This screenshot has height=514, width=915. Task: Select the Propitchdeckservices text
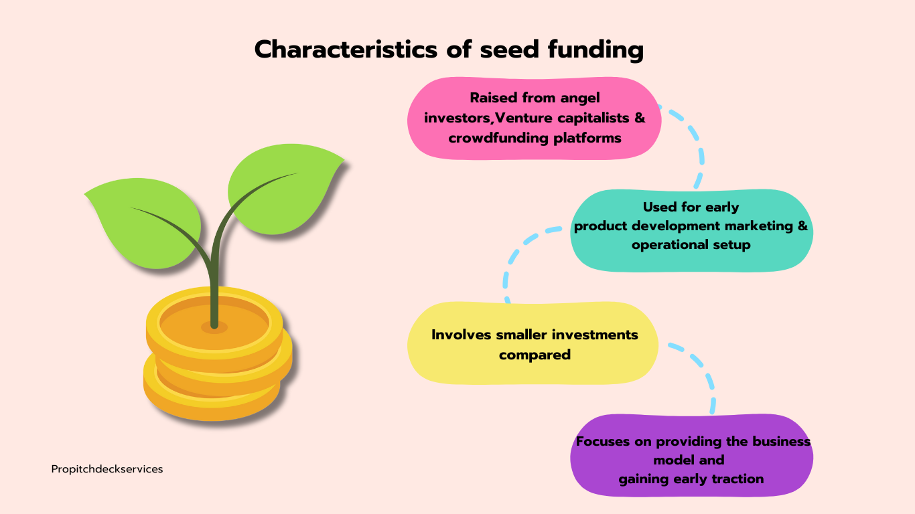(x=107, y=469)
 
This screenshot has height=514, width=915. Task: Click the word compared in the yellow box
(x=535, y=355)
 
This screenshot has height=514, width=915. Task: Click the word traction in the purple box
(x=737, y=479)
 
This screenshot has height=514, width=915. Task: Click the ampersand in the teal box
(x=802, y=226)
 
